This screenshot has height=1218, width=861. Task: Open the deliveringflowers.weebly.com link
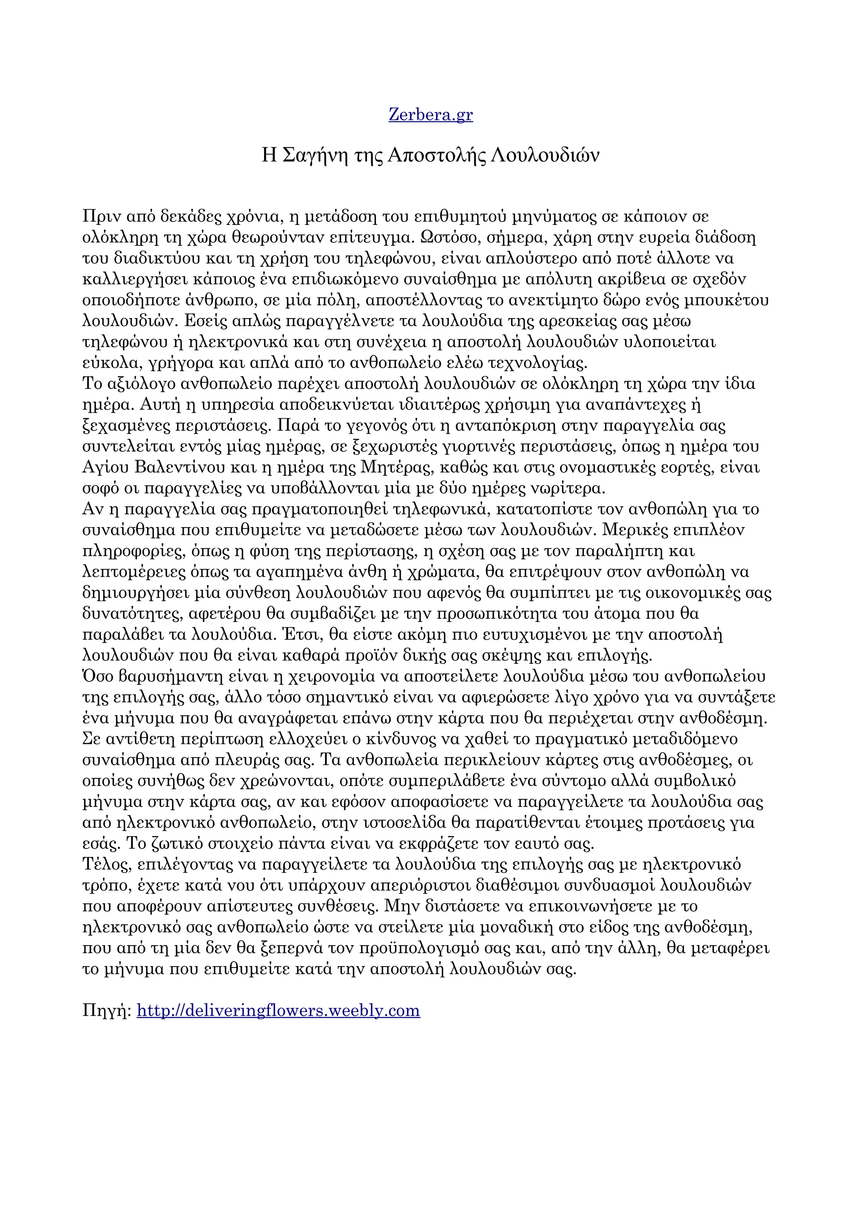(278, 1010)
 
